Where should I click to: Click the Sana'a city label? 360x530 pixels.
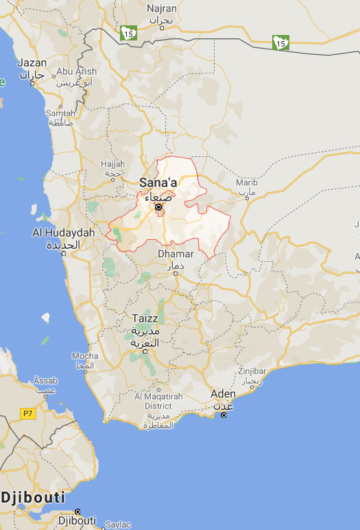[x=158, y=182]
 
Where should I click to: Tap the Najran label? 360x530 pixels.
[x=162, y=8]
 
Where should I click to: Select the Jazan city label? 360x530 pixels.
[x=32, y=62]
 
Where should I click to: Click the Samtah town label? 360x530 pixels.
[x=60, y=113]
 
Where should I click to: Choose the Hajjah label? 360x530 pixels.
[x=112, y=164]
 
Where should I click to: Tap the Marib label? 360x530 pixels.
[x=246, y=182]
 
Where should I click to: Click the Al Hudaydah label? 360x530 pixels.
[x=63, y=233]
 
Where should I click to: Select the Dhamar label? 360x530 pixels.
[x=176, y=254]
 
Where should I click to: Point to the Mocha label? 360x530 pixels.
[x=85, y=357]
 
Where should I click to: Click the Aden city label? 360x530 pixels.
[x=223, y=394]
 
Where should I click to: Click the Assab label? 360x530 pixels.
[x=45, y=380]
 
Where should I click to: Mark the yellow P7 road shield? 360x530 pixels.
[x=27, y=413]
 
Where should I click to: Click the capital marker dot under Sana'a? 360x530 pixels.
[x=158, y=207]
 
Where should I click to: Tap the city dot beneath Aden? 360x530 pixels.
[x=224, y=415]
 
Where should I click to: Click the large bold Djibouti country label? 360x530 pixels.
[x=33, y=498]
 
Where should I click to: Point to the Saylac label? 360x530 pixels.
[x=117, y=525]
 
